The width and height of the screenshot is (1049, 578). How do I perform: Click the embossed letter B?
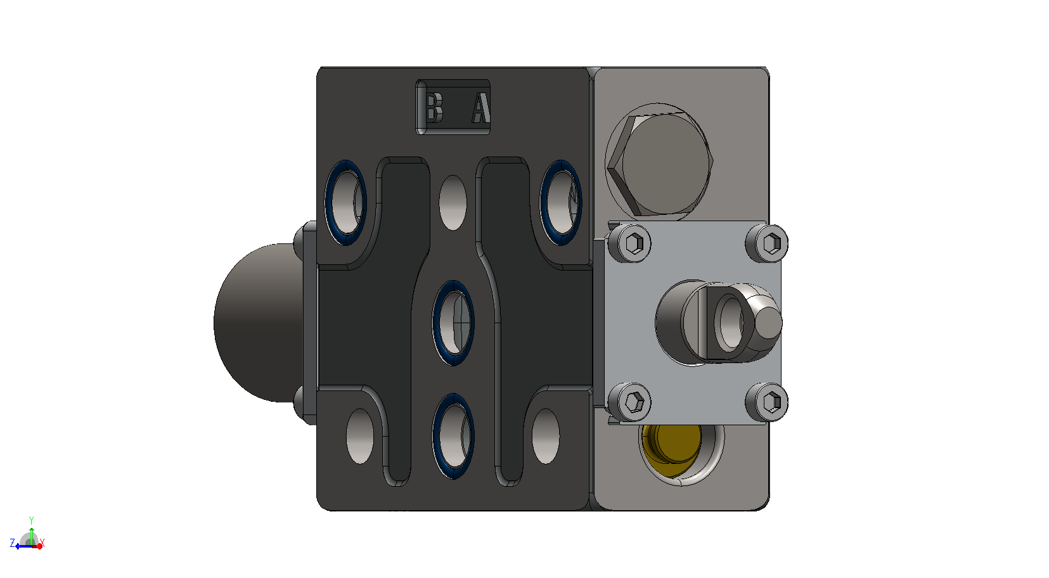(x=434, y=108)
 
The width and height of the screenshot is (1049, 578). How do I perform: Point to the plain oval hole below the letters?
(x=453, y=203)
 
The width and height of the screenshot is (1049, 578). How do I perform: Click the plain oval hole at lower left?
(x=359, y=436)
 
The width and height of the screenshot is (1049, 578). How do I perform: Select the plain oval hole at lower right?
(x=546, y=436)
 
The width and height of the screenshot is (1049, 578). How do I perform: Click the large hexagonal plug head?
(x=660, y=164)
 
